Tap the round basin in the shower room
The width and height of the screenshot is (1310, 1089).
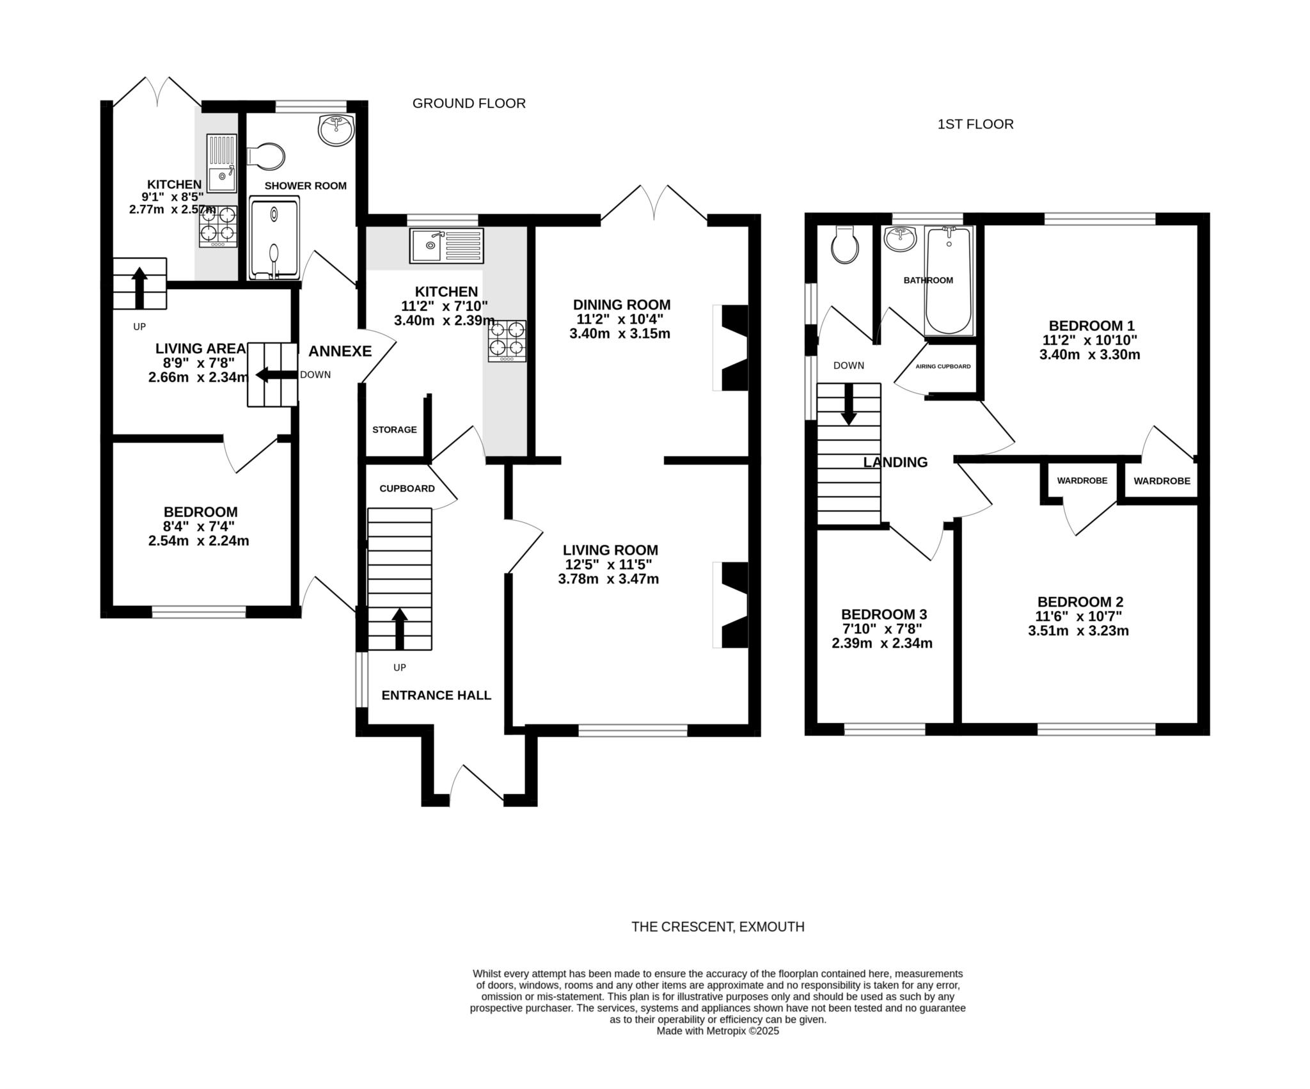[x=336, y=130]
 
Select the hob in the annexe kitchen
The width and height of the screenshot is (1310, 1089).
[x=218, y=227]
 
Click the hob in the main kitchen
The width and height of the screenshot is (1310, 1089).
[x=508, y=341]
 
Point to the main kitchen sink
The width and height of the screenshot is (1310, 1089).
[x=447, y=245]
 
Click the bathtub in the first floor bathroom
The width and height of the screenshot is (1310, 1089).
[x=949, y=280]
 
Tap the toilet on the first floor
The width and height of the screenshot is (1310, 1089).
[x=845, y=245]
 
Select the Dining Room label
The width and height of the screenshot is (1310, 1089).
[x=622, y=305]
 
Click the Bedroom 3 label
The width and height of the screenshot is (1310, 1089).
[x=884, y=614]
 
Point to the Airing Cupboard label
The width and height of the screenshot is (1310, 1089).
[x=943, y=367]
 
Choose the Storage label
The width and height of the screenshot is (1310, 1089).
[x=395, y=429]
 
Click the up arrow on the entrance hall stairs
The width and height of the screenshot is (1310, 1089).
[x=400, y=629]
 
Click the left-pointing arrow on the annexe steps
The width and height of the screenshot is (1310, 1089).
[x=277, y=375]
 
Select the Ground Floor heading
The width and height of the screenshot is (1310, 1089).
[x=469, y=103]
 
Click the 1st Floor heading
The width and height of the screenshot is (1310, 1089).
[x=975, y=124]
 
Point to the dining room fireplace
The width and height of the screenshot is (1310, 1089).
[x=730, y=348]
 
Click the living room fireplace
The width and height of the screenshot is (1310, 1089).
[x=730, y=605]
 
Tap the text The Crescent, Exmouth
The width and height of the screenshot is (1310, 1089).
[x=718, y=926]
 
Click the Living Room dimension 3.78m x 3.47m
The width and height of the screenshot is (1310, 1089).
[x=608, y=580]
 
